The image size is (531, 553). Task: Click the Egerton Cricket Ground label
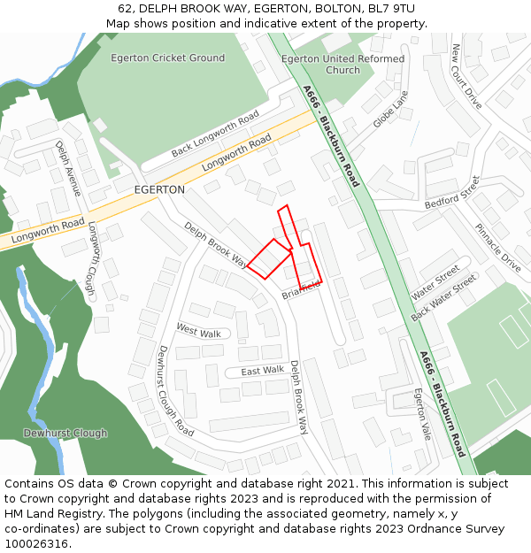(167, 58)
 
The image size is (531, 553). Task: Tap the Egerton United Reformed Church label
(342, 65)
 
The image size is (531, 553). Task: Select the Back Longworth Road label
(215, 134)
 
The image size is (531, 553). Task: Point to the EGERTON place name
(159, 190)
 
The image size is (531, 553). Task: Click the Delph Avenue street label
(68, 168)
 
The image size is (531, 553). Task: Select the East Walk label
(262, 370)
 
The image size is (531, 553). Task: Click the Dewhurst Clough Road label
(174, 390)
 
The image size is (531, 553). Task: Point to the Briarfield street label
(300, 290)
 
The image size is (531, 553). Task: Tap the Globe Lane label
(390, 109)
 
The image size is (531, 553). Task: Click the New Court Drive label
(466, 76)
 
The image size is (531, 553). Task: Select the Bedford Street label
(451, 192)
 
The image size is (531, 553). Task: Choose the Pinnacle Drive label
(497, 247)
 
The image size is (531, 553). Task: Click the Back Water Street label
(444, 296)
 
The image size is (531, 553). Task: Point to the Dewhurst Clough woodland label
(65, 434)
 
